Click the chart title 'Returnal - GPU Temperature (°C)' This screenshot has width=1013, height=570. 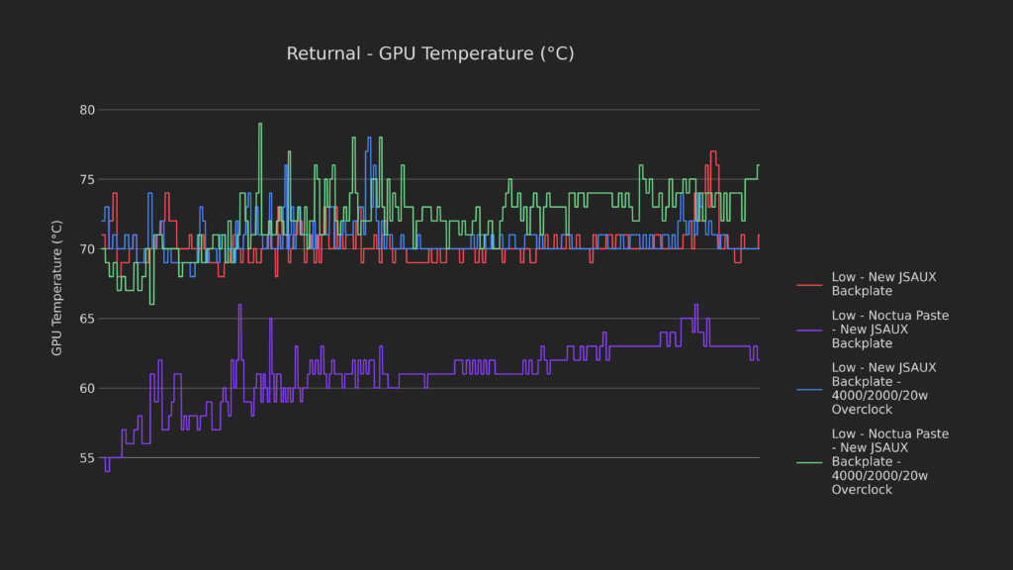pyautogui.click(x=430, y=53)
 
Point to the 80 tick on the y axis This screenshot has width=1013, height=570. pyautogui.click(x=88, y=110)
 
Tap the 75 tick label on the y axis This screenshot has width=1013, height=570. pyautogui.click(x=88, y=179)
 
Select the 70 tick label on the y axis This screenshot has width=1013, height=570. pyautogui.click(x=88, y=249)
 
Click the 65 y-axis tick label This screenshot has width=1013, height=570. pyautogui.click(x=88, y=319)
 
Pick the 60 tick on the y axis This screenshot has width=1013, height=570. pyautogui.click(x=88, y=388)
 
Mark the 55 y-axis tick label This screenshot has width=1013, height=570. pyautogui.click(x=88, y=458)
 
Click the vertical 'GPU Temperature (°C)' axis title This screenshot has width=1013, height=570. pyautogui.click(x=57, y=288)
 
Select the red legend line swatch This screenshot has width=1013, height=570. pyautogui.click(x=809, y=285)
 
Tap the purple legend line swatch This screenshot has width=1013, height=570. pyautogui.click(x=809, y=330)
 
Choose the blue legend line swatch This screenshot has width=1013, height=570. pyautogui.click(x=809, y=388)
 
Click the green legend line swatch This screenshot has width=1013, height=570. pyautogui.click(x=809, y=461)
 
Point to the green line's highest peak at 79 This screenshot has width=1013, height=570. pyautogui.click(x=260, y=125)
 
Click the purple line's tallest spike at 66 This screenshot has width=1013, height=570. pyautogui.click(x=239, y=306)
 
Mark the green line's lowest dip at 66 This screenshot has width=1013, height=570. pyautogui.click(x=151, y=303)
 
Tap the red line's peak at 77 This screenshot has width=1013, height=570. pyautogui.click(x=712, y=152)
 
